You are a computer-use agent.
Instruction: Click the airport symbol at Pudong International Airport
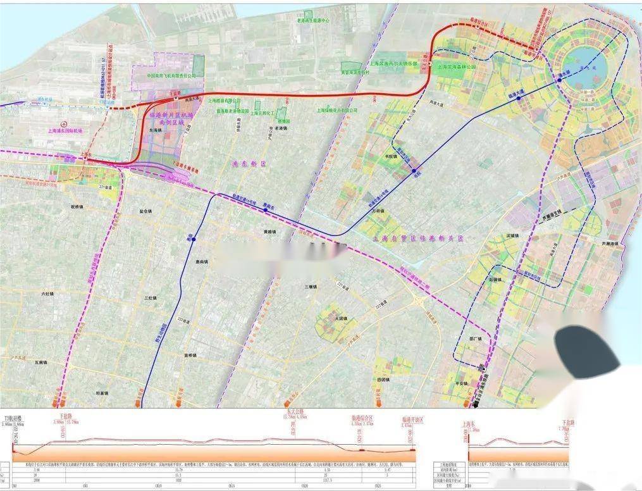pyautogui.click(x=63, y=123)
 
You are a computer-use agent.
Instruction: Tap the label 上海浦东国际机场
pyautogui.click(x=65, y=132)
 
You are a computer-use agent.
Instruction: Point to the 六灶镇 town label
pyautogui.click(x=48, y=294)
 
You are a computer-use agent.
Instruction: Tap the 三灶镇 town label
pyautogui.click(x=150, y=297)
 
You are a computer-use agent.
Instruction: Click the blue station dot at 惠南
pyautogui.click(x=194, y=239)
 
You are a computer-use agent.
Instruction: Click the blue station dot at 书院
pyautogui.click(x=414, y=171)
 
